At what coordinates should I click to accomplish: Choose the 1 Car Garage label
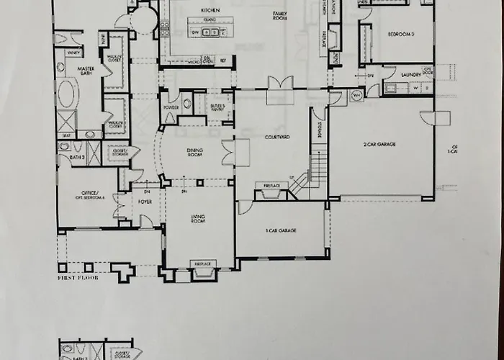click(x=282, y=230)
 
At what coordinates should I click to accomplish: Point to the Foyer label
click(x=144, y=202)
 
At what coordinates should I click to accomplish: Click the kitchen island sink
click(x=210, y=32)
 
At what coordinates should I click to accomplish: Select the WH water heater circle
click(x=356, y=94)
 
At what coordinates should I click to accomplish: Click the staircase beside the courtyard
click(x=318, y=173)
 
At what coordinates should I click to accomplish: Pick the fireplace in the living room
click(x=203, y=271)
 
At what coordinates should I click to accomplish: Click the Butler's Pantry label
click(x=220, y=107)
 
